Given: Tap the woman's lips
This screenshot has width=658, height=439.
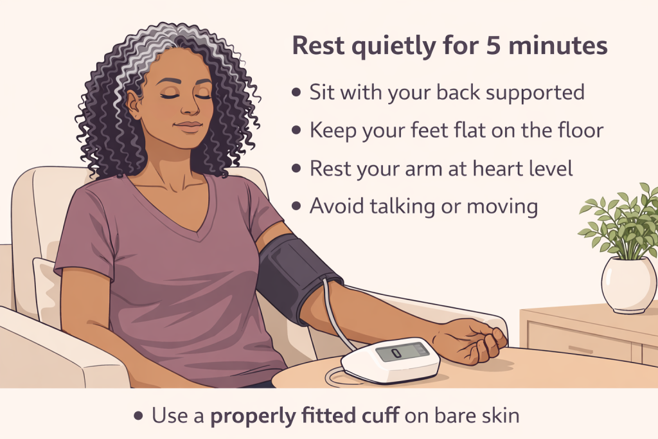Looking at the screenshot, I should click(x=189, y=127).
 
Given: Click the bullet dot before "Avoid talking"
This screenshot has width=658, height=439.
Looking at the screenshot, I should click(x=296, y=206).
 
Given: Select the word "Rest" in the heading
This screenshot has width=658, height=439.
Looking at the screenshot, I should click(x=314, y=47).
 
